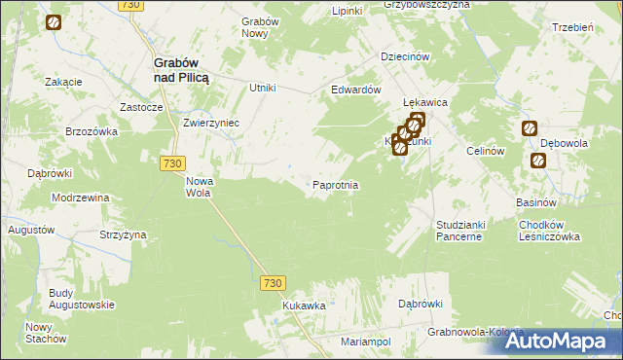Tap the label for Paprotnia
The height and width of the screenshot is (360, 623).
pos(336,185)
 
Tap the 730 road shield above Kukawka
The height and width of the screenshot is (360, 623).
pos(273,282)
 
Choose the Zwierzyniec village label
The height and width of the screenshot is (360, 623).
pos(211,125)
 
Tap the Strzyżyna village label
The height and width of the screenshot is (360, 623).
pos(123,234)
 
